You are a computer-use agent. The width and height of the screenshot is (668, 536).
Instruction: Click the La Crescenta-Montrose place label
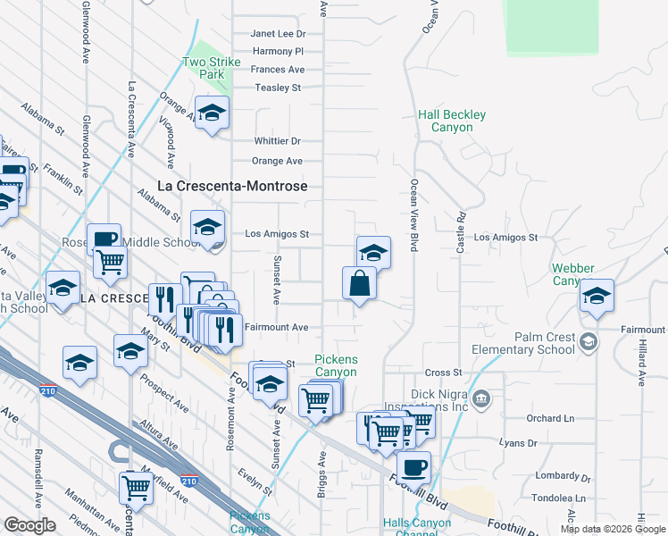tap(232, 186)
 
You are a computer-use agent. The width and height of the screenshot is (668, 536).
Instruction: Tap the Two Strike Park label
tap(204, 69)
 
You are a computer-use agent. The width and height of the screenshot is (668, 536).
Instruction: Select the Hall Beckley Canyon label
tap(452, 121)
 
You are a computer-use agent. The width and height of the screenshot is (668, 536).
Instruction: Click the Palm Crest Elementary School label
tap(545, 343)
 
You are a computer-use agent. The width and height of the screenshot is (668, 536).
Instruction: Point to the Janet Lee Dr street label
tap(277, 33)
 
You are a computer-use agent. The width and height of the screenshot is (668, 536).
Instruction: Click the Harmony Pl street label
tap(278, 52)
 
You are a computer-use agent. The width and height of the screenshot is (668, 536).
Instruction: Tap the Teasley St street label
tap(278, 88)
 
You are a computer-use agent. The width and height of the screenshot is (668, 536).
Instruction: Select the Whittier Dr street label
tap(277, 141)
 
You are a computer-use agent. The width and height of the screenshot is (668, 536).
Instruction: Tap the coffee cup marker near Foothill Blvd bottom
tap(413, 466)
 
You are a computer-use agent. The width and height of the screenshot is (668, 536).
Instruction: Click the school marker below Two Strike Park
tap(212, 113)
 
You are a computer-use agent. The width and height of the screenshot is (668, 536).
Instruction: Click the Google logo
tap(29, 524)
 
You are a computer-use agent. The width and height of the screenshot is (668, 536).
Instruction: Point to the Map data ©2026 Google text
tap(612, 529)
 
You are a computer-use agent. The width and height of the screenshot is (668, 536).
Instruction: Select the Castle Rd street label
tap(461, 230)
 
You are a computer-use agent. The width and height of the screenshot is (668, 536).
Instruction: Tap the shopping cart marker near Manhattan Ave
tap(136, 487)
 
